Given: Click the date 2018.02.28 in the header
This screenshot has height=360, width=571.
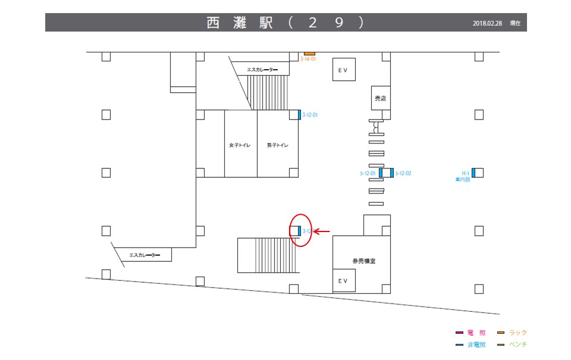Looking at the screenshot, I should click(488, 23).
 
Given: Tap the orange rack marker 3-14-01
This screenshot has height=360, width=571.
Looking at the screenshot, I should click(309, 54).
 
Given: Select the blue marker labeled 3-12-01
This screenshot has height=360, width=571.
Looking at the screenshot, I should click(299, 115).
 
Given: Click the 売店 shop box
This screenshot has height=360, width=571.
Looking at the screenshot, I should click(379, 98).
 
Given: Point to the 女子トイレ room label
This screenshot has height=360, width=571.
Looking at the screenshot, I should click(240, 145).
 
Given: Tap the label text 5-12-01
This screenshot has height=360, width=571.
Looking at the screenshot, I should click(368, 173).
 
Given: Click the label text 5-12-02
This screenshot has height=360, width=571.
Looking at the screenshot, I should click(403, 173).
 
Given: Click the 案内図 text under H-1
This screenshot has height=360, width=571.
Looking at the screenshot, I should click(463, 179).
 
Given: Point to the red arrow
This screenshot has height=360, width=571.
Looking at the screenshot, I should click(322, 231).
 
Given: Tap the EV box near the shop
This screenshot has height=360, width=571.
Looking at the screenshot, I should click(343, 70).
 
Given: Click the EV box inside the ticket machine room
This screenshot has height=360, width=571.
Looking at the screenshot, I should click(343, 280).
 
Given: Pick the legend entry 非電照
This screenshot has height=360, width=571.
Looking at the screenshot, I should click(476, 345).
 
